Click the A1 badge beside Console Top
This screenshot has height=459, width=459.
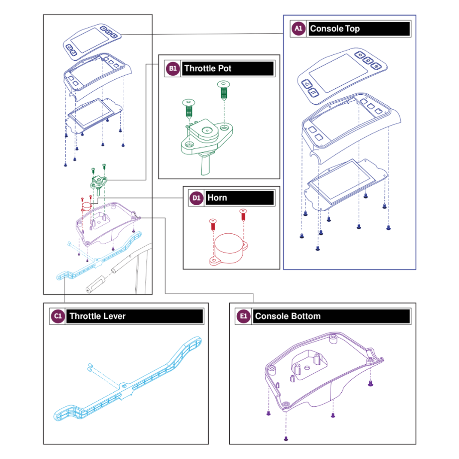(298, 29)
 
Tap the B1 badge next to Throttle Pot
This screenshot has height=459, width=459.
(172, 68)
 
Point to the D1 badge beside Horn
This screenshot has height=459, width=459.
(195, 198)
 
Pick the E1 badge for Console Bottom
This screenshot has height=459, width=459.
(243, 316)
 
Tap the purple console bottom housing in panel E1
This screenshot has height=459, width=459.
(323, 378)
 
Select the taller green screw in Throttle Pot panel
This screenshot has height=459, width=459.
(223, 90)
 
